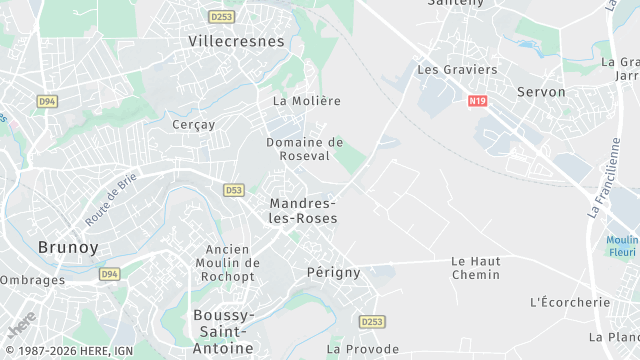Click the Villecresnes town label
click(x=237, y=42)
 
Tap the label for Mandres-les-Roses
click(x=303, y=210)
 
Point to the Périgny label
click(x=327, y=271)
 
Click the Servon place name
click(x=541, y=92)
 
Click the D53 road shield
click(x=234, y=189)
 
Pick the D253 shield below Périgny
click(x=372, y=322)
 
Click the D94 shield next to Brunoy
click(x=109, y=274)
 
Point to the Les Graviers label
click(x=457, y=70)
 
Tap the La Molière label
click(x=307, y=101)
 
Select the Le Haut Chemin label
click(x=476, y=267)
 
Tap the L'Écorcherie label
click(x=569, y=302)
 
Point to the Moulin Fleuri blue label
click(x=622, y=246)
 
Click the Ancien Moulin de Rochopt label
click(x=232, y=262)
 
